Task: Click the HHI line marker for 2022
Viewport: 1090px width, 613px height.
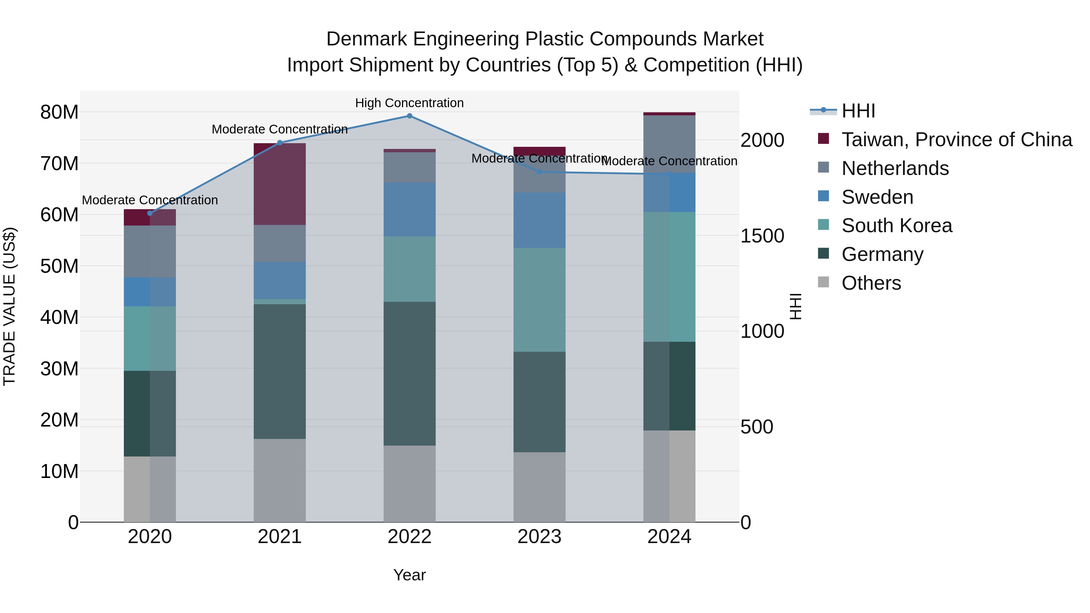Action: click(x=409, y=116)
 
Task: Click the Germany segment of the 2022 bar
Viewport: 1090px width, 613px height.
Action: click(x=409, y=373)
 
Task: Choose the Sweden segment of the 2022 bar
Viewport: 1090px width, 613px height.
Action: click(x=409, y=209)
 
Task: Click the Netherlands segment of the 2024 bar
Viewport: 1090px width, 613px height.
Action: click(x=669, y=144)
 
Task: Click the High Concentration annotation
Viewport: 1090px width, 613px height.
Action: click(x=409, y=103)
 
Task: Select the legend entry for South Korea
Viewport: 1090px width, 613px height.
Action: click(x=896, y=226)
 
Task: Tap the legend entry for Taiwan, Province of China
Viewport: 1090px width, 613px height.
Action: click(x=956, y=140)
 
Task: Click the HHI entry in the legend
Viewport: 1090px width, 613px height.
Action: click(x=858, y=111)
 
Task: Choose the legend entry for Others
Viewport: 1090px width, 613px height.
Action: click(x=871, y=283)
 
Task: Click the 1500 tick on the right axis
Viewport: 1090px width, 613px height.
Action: click(x=762, y=236)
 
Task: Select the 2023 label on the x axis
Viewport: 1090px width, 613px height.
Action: click(x=539, y=537)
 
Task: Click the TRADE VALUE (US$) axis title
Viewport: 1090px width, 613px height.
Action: click(x=9, y=306)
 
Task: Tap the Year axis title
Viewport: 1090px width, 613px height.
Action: click(x=409, y=575)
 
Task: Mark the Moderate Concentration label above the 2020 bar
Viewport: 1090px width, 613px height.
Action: click(x=150, y=200)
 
